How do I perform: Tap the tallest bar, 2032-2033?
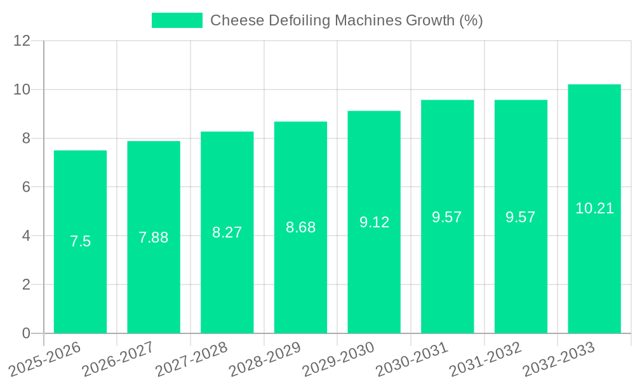[594, 267]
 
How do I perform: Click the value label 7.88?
[154, 237]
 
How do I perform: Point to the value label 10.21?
[594, 208]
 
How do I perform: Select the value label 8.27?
[227, 232]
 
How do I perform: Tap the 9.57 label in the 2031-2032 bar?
[521, 217]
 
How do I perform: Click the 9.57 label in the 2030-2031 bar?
[447, 217]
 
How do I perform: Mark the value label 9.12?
[374, 222]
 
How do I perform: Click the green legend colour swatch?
[177, 20]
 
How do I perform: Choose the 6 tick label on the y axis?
[26, 187]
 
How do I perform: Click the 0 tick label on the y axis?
[26, 333]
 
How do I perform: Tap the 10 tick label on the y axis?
[22, 90]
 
